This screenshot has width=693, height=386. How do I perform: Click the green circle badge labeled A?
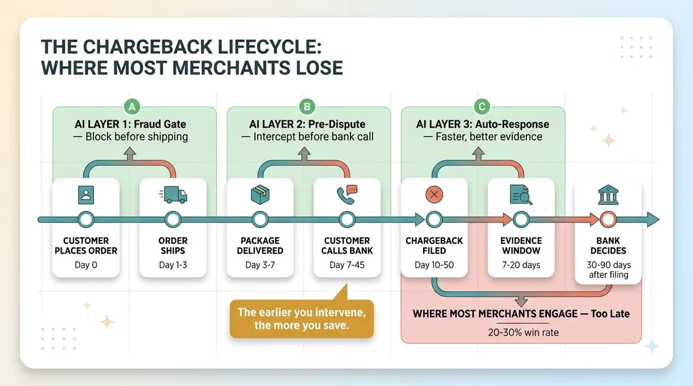pyautogui.click(x=134, y=106)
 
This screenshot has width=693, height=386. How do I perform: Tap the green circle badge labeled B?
pyautogui.click(x=308, y=106)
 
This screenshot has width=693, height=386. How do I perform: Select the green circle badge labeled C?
pyautogui.click(x=483, y=106)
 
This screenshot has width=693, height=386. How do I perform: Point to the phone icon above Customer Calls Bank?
pyautogui.click(x=346, y=195)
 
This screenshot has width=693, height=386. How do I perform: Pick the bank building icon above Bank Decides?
pyautogui.click(x=607, y=195)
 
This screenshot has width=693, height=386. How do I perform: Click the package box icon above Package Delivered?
pyautogui.click(x=259, y=195)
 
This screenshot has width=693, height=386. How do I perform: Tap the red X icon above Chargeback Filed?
pyautogui.click(x=433, y=195)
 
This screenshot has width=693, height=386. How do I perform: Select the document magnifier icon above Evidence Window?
pyautogui.click(x=520, y=195)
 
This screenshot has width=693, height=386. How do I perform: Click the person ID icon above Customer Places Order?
pyautogui.click(x=86, y=195)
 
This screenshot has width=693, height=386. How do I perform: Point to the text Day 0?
pyautogui.click(x=86, y=265)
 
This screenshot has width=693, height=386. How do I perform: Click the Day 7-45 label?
pyautogui.click(x=346, y=265)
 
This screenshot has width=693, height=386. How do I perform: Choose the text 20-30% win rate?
pyautogui.click(x=520, y=332)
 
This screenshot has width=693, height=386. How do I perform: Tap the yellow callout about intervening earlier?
pyautogui.click(x=300, y=318)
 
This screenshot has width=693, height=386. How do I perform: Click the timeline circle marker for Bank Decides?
pyautogui.click(x=607, y=219)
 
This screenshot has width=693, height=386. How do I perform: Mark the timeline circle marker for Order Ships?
pyautogui.click(x=173, y=219)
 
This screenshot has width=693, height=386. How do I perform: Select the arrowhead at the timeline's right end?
pyautogui.click(x=651, y=219)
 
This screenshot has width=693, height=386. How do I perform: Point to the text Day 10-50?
pyautogui.click(x=433, y=265)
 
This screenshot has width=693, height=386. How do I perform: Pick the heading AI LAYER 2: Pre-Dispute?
pyautogui.click(x=308, y=124)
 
